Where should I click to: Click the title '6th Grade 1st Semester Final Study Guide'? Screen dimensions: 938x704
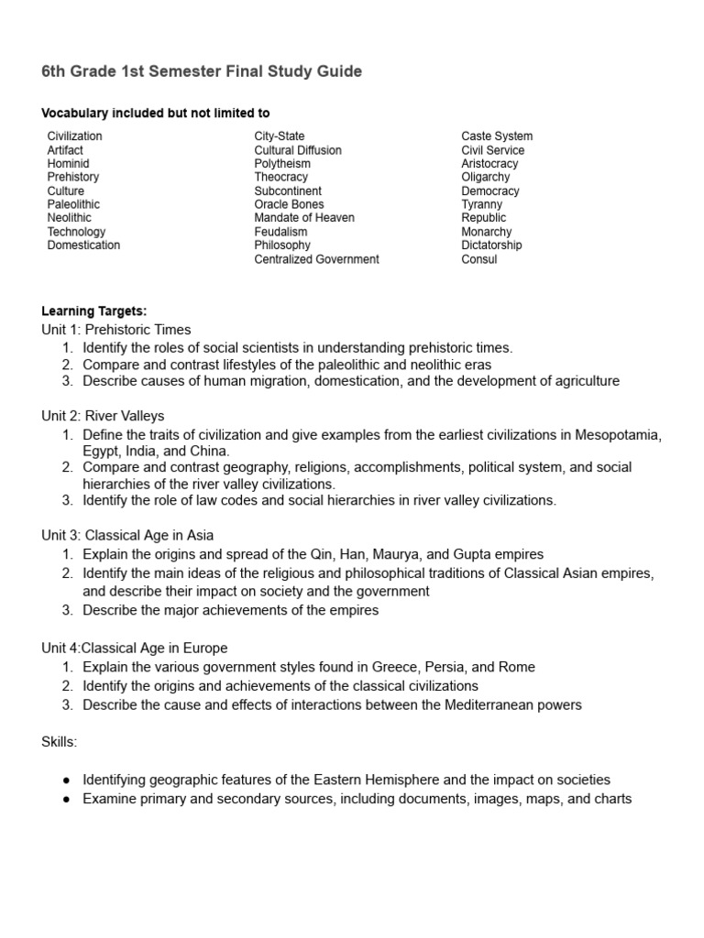(x=202, y=71)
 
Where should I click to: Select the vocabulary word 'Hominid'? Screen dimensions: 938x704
(x=68, y=163)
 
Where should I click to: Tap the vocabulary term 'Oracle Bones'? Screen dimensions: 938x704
(x=289, y=204)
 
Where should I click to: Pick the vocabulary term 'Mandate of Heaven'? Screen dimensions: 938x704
(x=304, y=218)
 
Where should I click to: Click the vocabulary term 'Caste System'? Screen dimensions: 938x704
(x=497, y=136)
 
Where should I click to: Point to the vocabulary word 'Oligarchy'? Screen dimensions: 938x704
(x=486, y=177)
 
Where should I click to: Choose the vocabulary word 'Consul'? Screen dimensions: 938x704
(x=479, y=259)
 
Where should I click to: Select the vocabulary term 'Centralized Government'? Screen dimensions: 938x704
(x=316, y=259)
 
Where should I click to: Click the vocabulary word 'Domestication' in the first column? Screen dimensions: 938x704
(x=83, y=245)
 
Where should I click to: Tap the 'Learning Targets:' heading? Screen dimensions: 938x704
(x=93, y=311)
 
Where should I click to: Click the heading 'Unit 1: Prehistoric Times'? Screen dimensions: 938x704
(x=115, y=330)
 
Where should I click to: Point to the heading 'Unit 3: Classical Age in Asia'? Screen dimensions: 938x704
(x=127, y=535)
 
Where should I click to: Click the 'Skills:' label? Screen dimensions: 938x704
(x=60, y=742)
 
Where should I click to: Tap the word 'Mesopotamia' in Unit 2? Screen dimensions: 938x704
(x=617, y=433)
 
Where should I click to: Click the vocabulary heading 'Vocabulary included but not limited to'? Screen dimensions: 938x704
(x=155, y=114)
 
